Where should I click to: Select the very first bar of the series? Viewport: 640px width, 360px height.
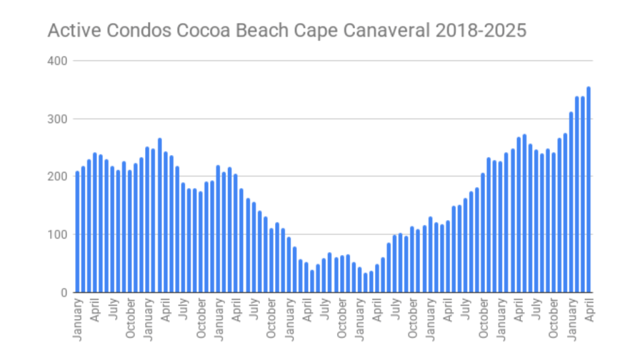coord(77,232)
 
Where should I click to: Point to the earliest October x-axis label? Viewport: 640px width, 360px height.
coord(130,321)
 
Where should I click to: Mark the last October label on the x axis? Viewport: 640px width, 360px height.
coord(554,321)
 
